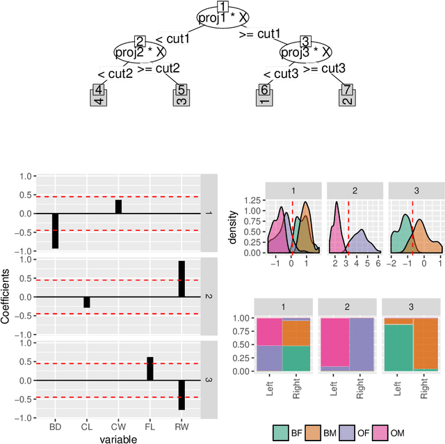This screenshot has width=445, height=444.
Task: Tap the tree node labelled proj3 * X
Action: click(x=306, y=51)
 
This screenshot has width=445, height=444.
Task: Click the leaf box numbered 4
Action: click(x=99, y=96)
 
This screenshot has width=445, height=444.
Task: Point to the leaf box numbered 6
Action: click(x=264, y=96)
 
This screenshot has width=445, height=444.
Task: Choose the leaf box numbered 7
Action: click(x=347, y=96)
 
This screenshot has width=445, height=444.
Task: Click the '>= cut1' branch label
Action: click(x=259, y=33)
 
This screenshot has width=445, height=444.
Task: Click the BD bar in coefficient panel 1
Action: click(x=55, y=230)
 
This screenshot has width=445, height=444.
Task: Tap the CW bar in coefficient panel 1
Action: click(x=118, y=207)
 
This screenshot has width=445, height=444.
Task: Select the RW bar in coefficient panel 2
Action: click(x=181, y=278)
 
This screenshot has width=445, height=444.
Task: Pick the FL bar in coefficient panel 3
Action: click(x=149, y=368)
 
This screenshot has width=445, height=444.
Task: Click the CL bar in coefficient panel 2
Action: click(x=87, y=302)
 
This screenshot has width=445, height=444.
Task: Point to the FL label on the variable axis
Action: click(x=149, y=426)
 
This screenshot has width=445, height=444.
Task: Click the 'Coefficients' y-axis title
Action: click(x=6, y=295)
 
